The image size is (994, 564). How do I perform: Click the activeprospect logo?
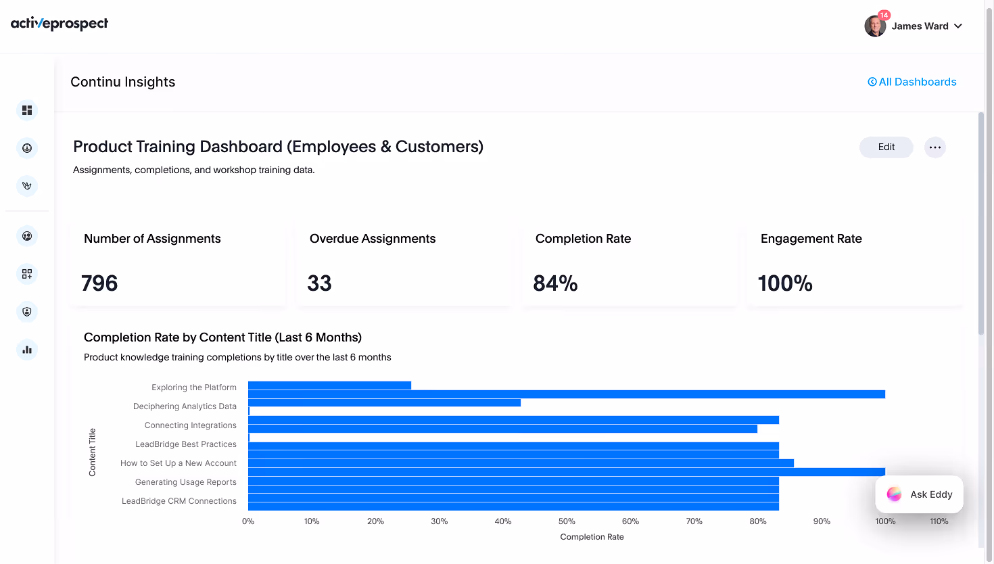point(60,24)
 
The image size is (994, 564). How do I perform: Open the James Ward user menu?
point(914,26)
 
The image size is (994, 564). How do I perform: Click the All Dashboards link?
point(912,82)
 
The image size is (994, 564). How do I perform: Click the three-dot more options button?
point(934,147)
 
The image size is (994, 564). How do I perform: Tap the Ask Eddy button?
point(919,494)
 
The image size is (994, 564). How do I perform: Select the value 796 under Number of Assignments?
point(99,283)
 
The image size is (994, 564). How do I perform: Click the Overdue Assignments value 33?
point(319,283)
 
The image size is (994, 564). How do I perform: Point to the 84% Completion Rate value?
point(555,283)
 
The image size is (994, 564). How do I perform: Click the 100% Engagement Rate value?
point(784,283)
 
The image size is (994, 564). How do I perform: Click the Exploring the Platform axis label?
point(194,387)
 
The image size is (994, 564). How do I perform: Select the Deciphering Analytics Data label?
point(185,406)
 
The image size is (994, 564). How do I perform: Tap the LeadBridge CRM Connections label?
point(179,501)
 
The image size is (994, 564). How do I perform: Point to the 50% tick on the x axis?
point(567,521)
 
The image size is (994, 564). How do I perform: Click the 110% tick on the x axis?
point(939,521)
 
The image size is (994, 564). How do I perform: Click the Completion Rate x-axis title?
point(592,537)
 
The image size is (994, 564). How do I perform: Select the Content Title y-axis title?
point(93,452)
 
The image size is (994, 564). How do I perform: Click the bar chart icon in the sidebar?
point(27,350)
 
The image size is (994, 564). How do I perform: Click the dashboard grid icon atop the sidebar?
point(27,110)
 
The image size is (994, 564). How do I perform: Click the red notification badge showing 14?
point(884,15)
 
